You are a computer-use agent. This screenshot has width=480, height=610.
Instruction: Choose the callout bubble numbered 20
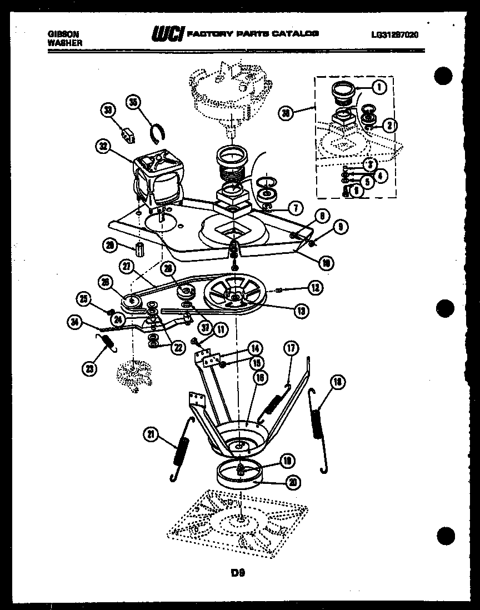(x=292, y=482)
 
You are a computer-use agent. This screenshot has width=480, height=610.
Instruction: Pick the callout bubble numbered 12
(x=314, y=288)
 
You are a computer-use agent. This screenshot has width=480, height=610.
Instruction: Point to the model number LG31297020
(x=394, y=34)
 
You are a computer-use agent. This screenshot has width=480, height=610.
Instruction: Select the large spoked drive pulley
(x=233, y=294)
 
